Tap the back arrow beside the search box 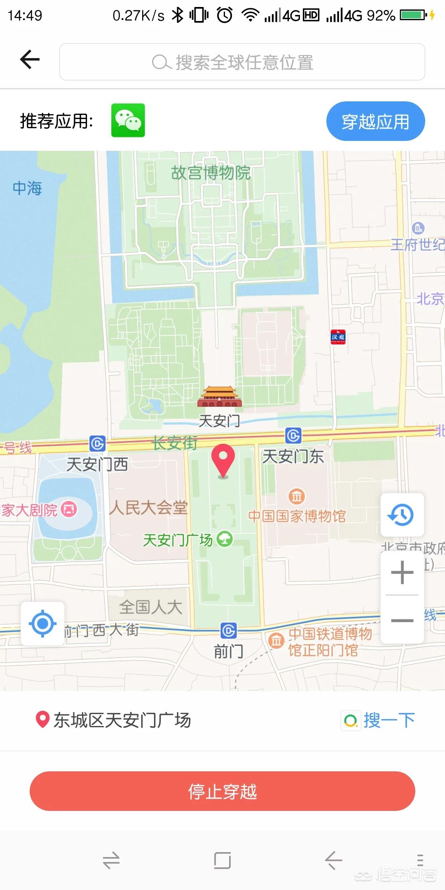(30, 59)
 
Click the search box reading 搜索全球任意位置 (242, 62)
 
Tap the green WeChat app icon (128, 120)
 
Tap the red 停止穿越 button (222, 792)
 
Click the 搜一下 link (379, 720)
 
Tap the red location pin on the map (223, 460)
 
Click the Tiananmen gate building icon (219, 397)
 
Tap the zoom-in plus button (402, 572)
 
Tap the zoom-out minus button (402, 620)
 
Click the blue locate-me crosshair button (42, 624)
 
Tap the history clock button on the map (402, 515)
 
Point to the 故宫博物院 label (211, 173)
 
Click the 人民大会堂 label (148, 508)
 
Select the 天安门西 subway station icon (98, 444)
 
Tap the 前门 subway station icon (229, 631)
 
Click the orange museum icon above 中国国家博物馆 (297, 496)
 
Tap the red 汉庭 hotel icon (338, 337)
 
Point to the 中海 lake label (27, 188)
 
